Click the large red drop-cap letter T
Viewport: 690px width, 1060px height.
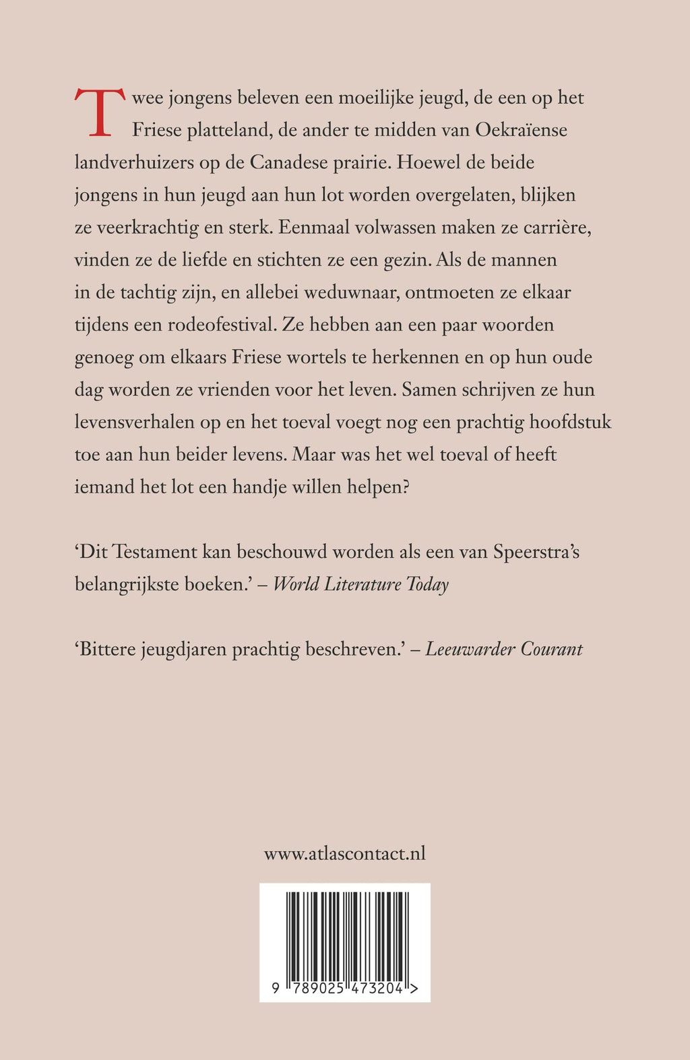pyautogui.click(x=99, y=112)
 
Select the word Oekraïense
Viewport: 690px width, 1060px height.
pyautogui.click(x=521, y=129)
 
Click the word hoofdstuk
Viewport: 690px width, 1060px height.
pyautogui.click(x=570, y=422)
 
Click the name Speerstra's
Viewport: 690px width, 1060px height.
pyautogui.click(x=536, y=552)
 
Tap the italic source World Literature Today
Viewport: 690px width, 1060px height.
pyautogui.click(x=360, y=584)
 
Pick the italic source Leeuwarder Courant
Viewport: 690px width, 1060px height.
pyautogui.click(x=504, y=649)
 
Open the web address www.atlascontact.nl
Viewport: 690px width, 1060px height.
pyautogui.click(x=344, y=854)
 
